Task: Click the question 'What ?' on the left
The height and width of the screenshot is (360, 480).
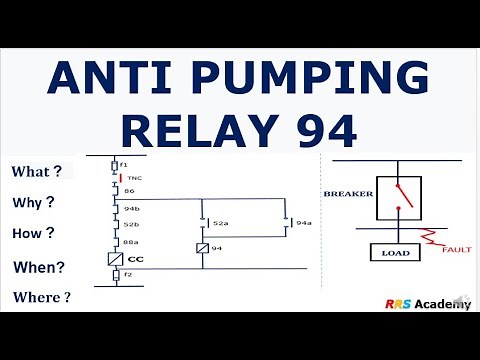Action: (x=37, y=171)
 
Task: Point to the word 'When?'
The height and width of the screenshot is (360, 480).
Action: (x=38, y=267)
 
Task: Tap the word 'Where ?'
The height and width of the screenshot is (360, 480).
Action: (x=42, y=297)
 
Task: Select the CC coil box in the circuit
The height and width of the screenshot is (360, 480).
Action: (x=116, y=258)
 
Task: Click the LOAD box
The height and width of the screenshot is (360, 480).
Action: (x=395, y=253)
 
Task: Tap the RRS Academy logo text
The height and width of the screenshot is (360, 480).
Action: (x=425, y=303)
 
